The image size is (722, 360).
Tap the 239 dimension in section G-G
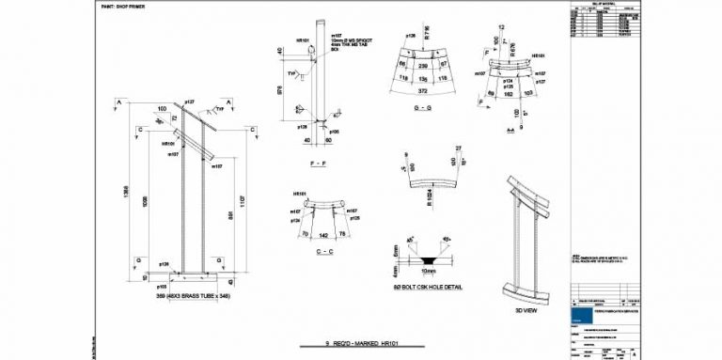[422, 65]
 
